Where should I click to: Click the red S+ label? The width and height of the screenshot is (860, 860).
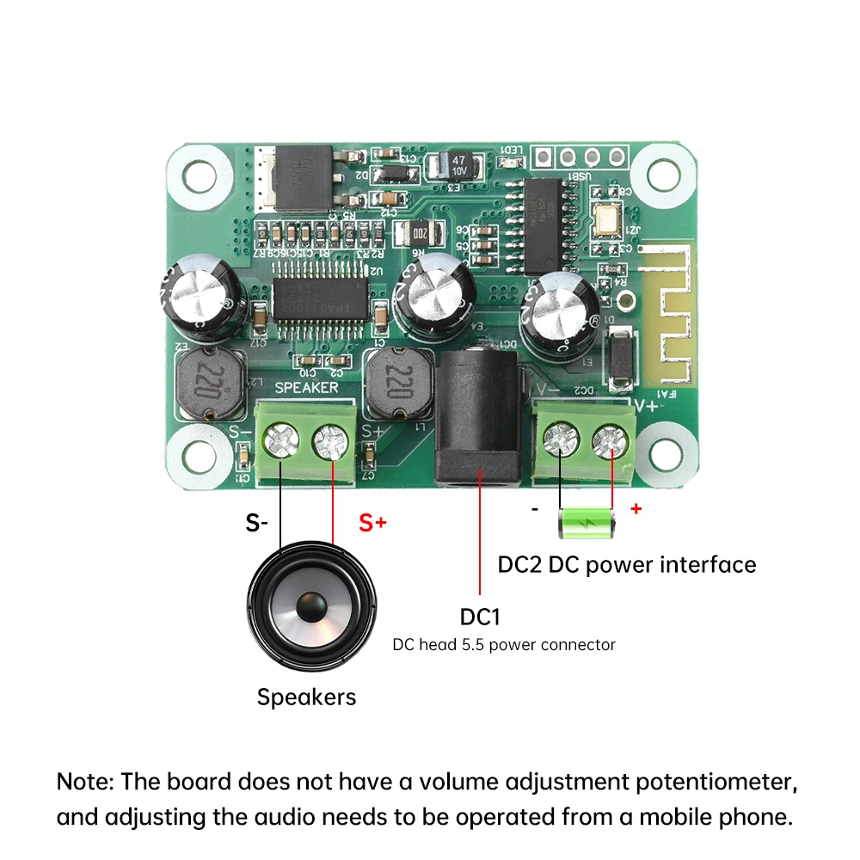tap(372, 522)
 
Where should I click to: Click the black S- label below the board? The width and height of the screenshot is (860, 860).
tap(256, 522)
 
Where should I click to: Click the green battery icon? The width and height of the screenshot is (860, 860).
tap(588, 523)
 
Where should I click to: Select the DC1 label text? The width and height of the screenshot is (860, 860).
tap(480, 617)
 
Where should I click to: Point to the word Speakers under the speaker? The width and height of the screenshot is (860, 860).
tap(306, 697)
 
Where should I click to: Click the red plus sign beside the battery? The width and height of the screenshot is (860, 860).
tap(636, 508)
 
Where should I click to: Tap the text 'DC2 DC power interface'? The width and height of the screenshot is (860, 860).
tap(627, 565)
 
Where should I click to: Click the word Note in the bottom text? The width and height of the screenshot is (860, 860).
tap(84, 782)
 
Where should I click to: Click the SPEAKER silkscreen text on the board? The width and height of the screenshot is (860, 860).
tap(305, 388)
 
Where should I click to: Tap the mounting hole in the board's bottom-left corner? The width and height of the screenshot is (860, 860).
tap(196, 453)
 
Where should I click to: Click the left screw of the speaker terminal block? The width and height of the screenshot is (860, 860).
tap(281, 444)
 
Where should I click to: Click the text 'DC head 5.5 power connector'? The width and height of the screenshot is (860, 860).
tap(504, 644)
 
